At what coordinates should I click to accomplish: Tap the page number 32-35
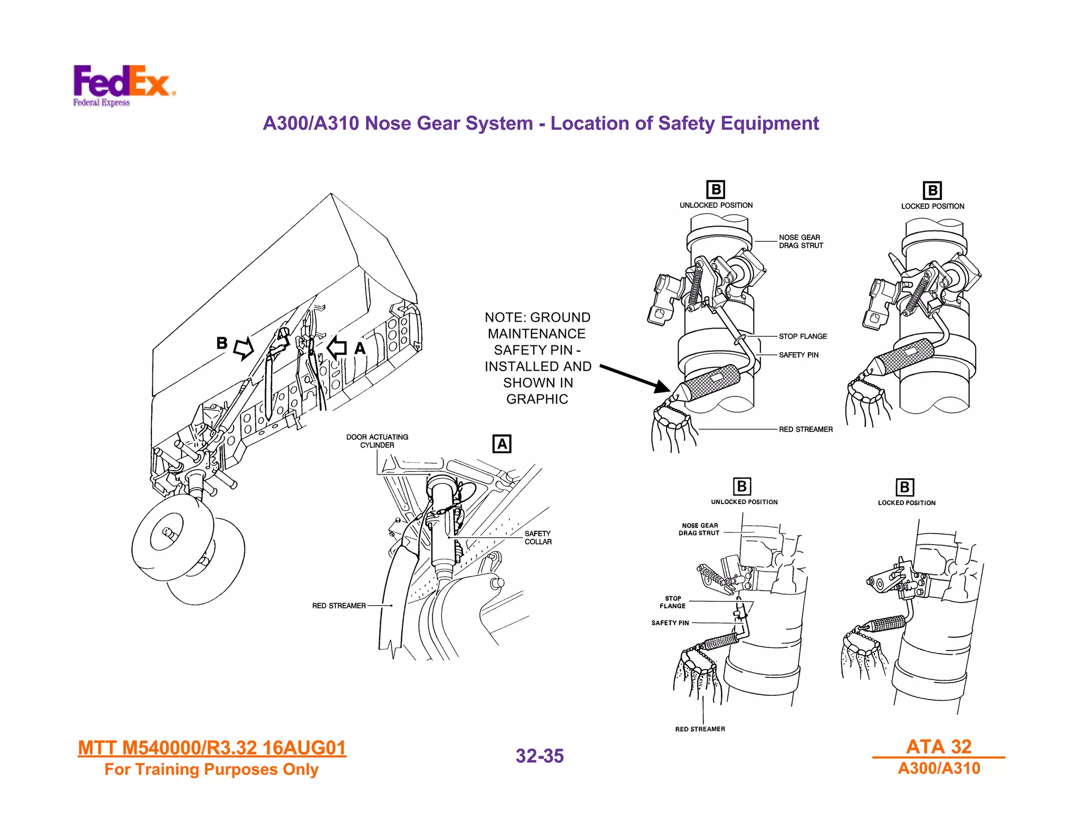539,756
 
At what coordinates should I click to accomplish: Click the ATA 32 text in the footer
939,746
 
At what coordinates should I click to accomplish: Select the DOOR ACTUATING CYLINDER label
377,441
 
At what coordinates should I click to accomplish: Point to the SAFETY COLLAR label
538,538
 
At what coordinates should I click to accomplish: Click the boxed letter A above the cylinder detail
502,444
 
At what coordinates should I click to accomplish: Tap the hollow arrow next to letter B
244,348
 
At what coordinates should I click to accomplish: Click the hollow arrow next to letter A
336,348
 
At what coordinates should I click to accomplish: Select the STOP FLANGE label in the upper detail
803,336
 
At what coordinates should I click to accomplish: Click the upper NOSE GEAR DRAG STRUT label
801,241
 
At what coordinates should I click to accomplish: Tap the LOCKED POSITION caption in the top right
932,206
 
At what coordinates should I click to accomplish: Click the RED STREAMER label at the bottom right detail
700,729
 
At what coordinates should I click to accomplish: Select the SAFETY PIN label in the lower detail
670,623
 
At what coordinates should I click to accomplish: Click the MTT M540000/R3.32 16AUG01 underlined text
211,748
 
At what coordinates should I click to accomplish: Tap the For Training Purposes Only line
211,770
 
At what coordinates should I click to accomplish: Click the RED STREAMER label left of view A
339,606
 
